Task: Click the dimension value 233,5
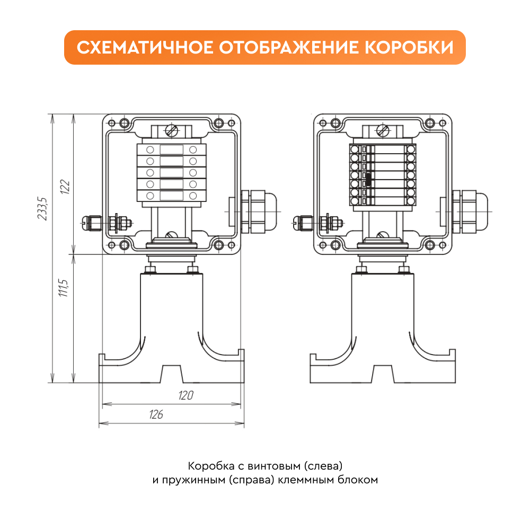[x=42, y=208]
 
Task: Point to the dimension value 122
[x=65, y=187]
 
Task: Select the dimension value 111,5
[x=63, y=288]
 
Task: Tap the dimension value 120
[x=186, y=395]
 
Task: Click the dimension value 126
[x=156, y=414]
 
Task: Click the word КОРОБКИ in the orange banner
[x=409, y=47]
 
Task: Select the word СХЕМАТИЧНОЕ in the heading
[x=145, y=47]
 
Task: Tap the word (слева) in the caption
[x=323, y=466]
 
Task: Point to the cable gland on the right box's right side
[x=470, y=211]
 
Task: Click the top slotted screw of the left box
[x=172, y=130]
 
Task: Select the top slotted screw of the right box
[x=383, y=130]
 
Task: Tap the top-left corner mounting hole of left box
[x=125, y=123]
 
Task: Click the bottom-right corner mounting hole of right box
[x=430, y=245]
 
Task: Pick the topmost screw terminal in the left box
[x=171, y=149]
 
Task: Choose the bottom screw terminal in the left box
[x=171, y=196]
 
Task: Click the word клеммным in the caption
[x=301, y=480]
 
